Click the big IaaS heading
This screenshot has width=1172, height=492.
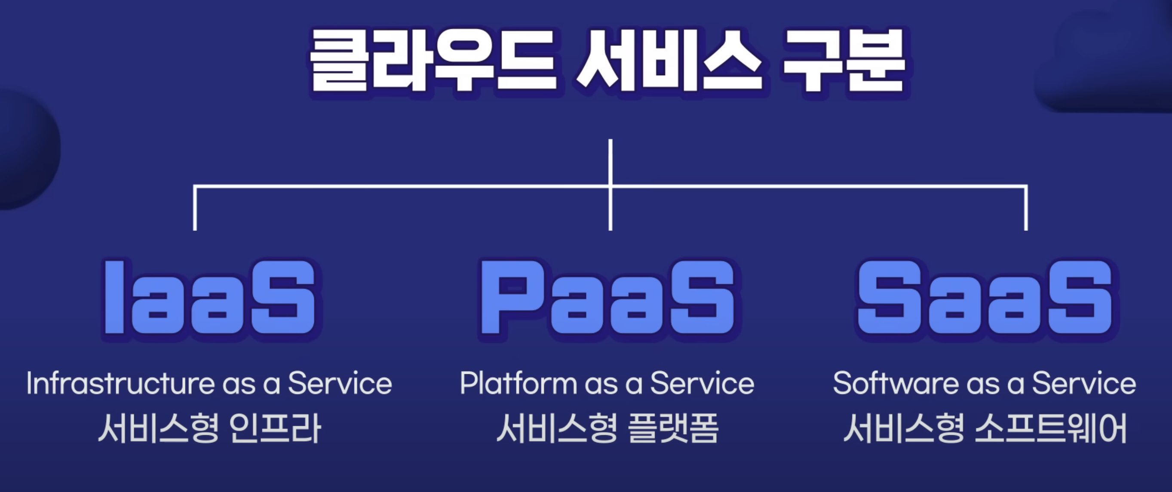click(210, 297)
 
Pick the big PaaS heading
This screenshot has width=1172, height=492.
click(608, 297)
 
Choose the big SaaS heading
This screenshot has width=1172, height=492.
click(985, 297)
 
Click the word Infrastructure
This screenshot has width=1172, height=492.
click(120, 383)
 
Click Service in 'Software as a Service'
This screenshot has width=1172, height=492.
click(1084, 383)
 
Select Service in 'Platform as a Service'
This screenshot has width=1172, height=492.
click(703, 383)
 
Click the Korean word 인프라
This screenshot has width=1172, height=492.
click(275, 428)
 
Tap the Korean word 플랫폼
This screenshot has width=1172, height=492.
click(673, 428)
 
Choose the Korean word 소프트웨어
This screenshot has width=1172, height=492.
click(1051, 428)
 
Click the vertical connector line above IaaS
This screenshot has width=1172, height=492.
click(195, 208)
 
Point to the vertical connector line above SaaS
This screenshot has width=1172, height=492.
click(1026, 208)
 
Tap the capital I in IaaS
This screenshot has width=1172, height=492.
click(114, 297)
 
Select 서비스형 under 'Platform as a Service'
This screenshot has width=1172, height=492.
click(557, 428)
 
